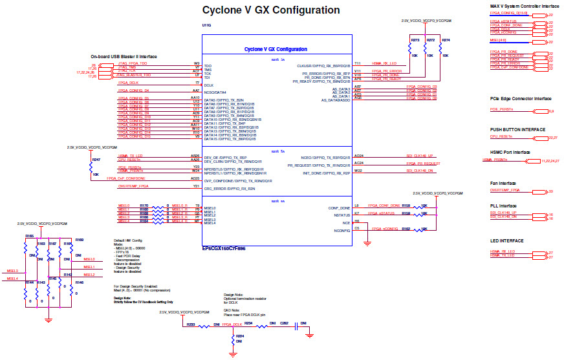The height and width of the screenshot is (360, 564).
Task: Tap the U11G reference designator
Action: point(206,25)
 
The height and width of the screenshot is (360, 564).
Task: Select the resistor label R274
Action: point(445,40)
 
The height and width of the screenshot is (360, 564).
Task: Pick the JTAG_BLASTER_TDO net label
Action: point(134,75)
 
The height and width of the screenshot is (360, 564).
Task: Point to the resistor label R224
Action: point(239,336)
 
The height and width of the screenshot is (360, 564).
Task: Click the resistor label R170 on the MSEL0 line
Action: point(144,206)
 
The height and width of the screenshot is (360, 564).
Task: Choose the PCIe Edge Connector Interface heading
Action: point(520,99)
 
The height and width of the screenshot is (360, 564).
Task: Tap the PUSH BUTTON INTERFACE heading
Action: point(517,129)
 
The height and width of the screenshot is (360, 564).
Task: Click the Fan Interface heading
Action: point(506,183)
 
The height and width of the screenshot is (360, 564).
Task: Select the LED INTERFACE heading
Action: point(506,241)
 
